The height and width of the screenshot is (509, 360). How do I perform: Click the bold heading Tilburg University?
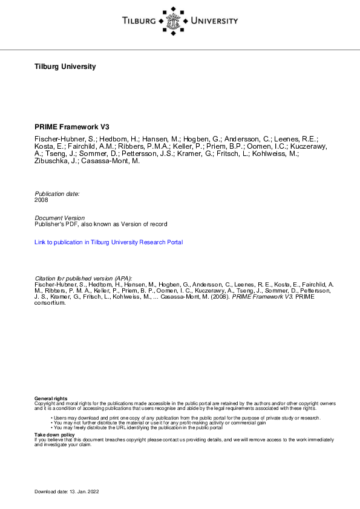pyautogui.click(x=65, y=66)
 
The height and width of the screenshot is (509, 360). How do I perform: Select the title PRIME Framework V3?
pyautogui.click(x=73, y=129)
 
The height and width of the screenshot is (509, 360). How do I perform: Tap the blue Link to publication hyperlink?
pyautogui.click(x=109, y=242)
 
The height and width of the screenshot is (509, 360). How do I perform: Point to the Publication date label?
pyautogui.click(x=57, y=193)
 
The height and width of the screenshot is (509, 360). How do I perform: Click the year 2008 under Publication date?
pyautogui.click(x=41, y=199)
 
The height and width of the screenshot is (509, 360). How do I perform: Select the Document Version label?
pyautogui.click(x=60, y=218)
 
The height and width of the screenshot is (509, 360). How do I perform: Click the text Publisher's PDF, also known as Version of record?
pyautogui.click(x=101, y=224)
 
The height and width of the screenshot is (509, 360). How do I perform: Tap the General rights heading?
pyautogui.click(x=51, y=398)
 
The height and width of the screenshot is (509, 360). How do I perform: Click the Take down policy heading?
pyautogui.click(x=54, y=435)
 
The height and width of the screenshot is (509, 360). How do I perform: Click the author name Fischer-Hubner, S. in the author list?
pyautogui.click(x=62, y=139)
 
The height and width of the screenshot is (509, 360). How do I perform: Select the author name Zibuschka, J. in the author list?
pyautogui.click(x=56, y=161)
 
